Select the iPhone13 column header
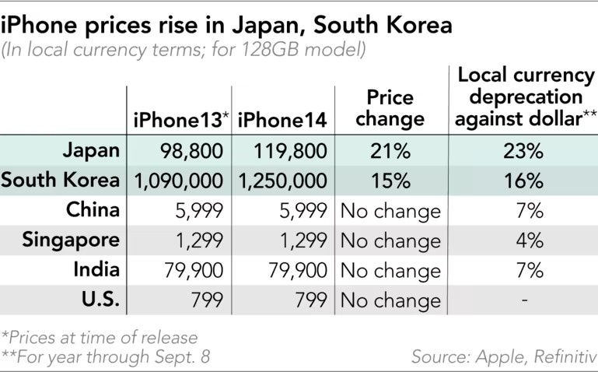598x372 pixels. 179,120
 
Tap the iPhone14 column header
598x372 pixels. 282,120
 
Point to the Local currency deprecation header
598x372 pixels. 524,98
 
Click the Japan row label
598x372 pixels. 92,150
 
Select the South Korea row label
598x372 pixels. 61,181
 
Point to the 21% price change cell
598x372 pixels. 390,151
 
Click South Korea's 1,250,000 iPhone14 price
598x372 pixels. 282,181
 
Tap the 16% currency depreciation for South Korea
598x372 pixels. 523,181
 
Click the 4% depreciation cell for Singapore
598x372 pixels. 529,240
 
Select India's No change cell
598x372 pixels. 390,270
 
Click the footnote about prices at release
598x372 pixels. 99,338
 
